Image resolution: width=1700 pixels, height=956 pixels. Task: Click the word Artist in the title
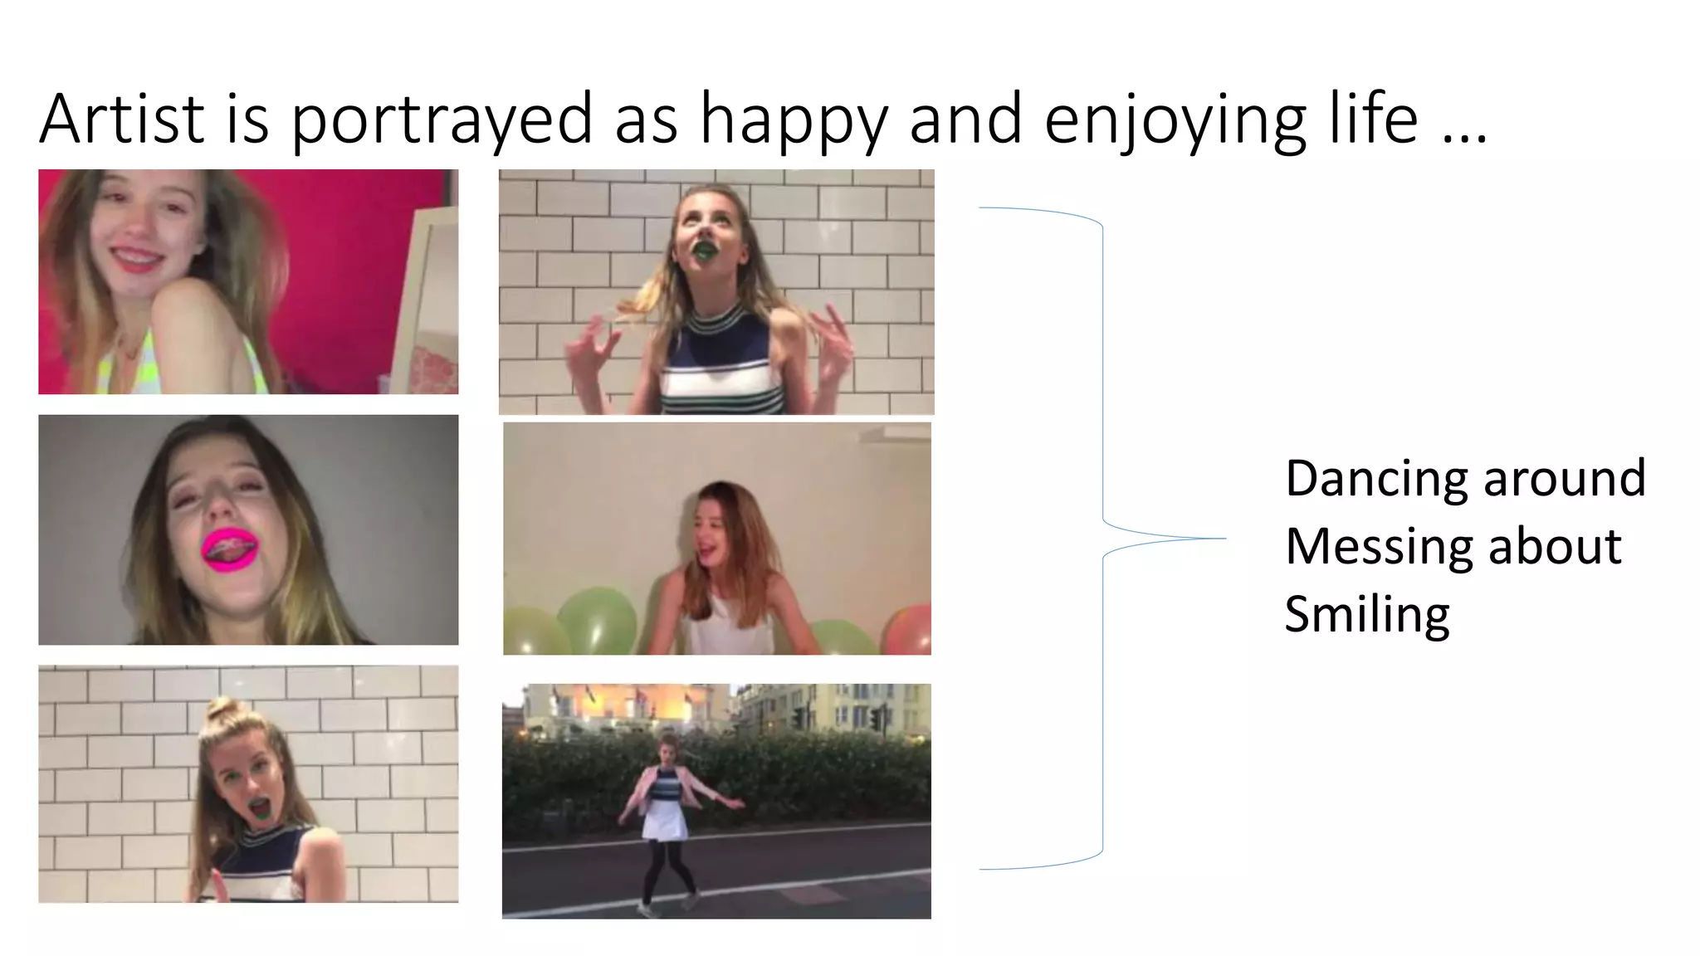[121, 119]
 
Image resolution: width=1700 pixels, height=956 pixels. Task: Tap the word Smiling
[1366, 616]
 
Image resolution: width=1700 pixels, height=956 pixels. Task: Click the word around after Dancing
[1564, 480]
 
